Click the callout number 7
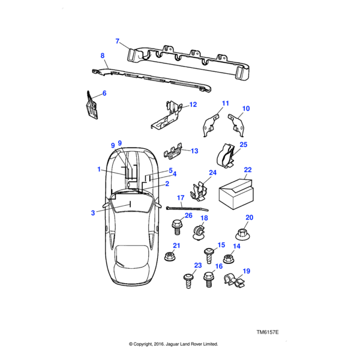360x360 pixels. point(118,41)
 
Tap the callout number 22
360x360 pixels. point(248,170)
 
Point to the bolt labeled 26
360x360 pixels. point(177,227)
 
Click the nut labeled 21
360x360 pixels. point(170,256)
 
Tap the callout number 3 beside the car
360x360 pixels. point(93,212)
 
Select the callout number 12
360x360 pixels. point(193,104)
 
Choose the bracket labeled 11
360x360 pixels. point(212,122)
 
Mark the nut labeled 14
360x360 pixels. point(227,259)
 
